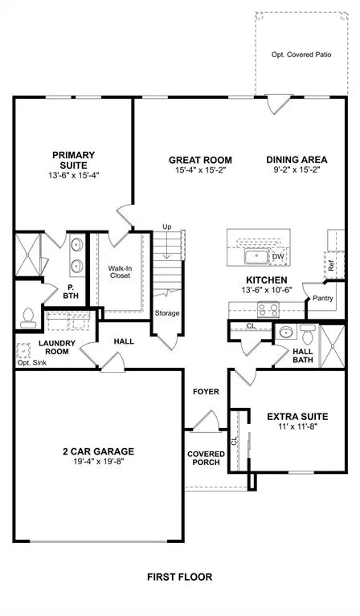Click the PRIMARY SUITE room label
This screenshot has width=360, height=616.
click(x=74, y=160)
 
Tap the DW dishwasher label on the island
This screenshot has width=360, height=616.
click(x=278, y=257)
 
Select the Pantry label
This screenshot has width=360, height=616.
click(x=323, y=298)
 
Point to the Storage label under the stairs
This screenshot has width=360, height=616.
click(x=167, y=312)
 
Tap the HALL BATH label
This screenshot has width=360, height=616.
click(x=303, y=356)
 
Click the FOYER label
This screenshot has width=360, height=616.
click(x=207, y=391)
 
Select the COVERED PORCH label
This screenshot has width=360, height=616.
click(x=207, y=459)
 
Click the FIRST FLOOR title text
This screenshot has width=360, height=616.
click(x=179, y=577)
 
